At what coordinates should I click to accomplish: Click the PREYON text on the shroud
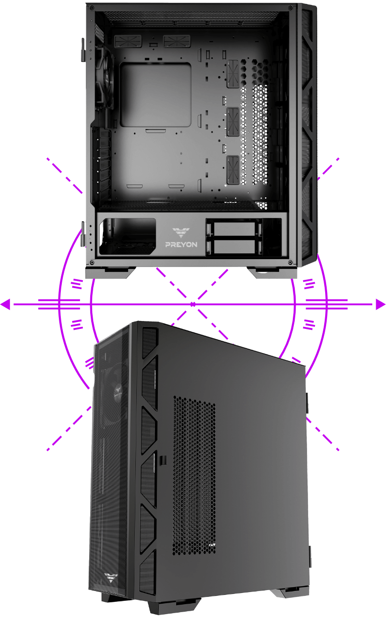tap(181, 244)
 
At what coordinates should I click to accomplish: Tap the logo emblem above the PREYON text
tap(181, 233)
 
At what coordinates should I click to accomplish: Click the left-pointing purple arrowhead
tap(5, 304)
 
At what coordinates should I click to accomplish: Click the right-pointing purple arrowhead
tap(381, 304)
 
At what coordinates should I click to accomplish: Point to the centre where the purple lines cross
tap(193, 304)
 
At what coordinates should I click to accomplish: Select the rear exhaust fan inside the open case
tap(105, 79)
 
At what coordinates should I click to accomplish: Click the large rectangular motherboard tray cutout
tap(155, 95)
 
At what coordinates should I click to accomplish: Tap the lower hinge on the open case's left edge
tap(82, 234)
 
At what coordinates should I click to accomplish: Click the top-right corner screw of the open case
tap(290, 8)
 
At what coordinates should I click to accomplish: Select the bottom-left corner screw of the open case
tap(92, 262)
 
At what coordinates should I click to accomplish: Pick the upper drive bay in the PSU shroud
tap(234, 229)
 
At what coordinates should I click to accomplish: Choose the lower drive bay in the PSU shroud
tap(234, 247)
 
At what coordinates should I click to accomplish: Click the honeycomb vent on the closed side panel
tap(194, 475)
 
